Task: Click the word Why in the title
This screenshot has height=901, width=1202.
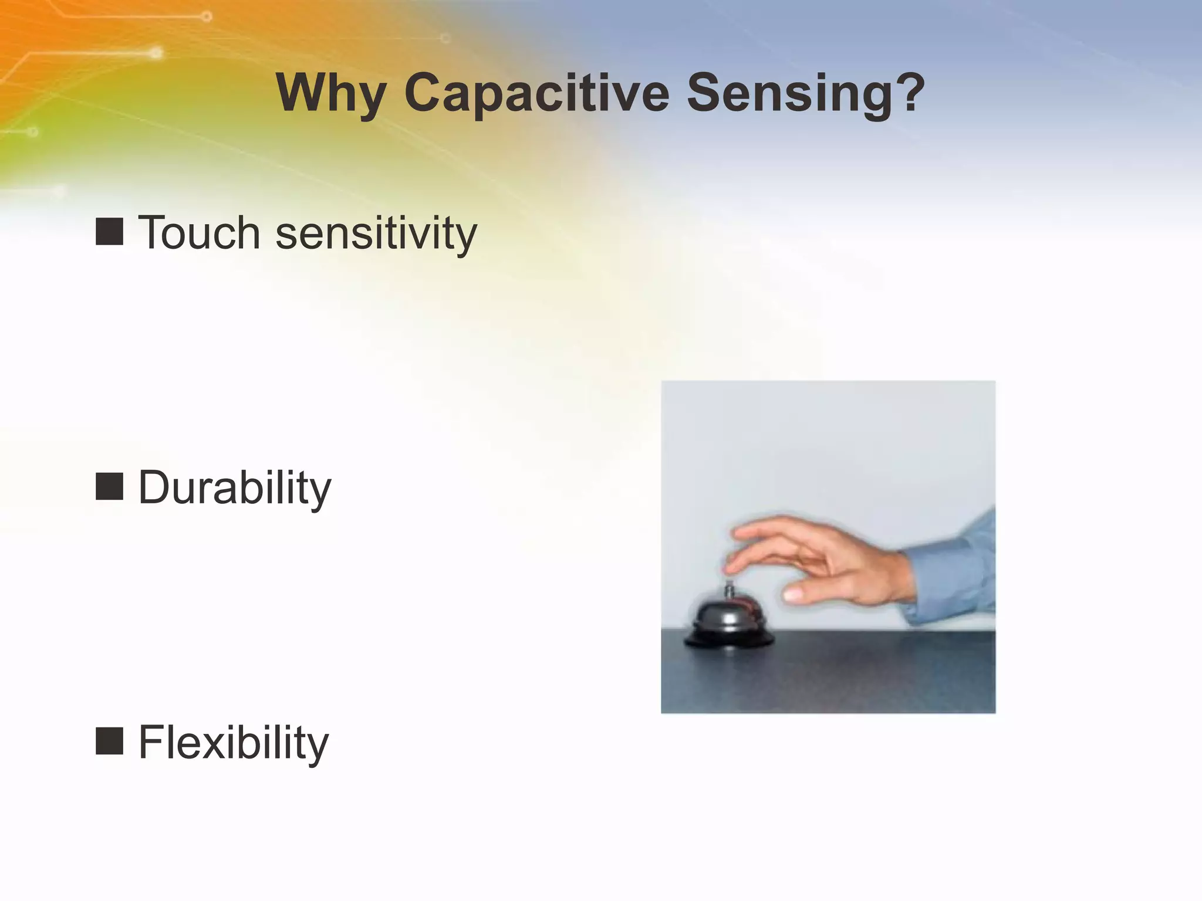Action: pos(330,94)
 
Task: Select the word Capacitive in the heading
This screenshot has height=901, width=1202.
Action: pos(536,94)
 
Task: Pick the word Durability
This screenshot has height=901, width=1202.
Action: pos(235,487)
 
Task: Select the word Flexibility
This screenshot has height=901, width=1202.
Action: pos(234,743)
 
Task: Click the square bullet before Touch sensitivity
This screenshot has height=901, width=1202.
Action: pos(109,231)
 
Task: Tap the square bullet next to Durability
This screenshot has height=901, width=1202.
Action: pos(109,486)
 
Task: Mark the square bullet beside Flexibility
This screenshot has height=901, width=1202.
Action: pos(109,741)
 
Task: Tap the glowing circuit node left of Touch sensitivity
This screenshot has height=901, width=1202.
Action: pos(59,191)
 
